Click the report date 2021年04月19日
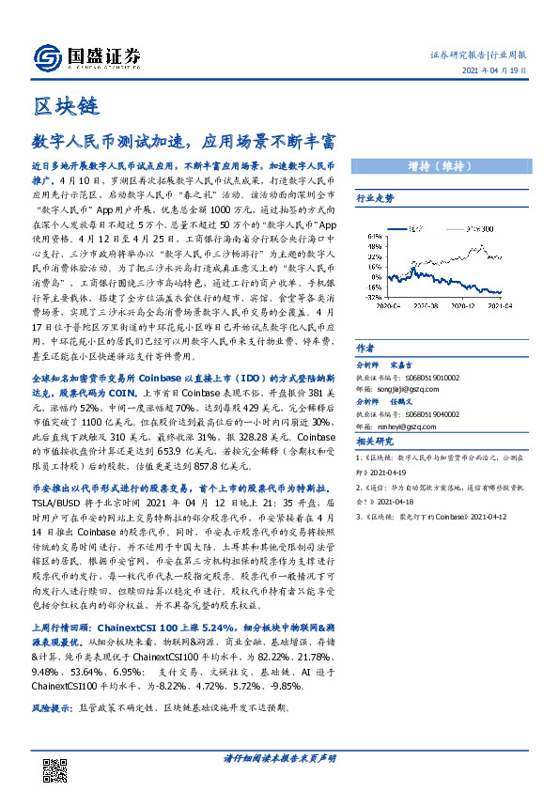point(501,72)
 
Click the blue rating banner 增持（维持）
point(439,166)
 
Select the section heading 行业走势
point(375,198)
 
